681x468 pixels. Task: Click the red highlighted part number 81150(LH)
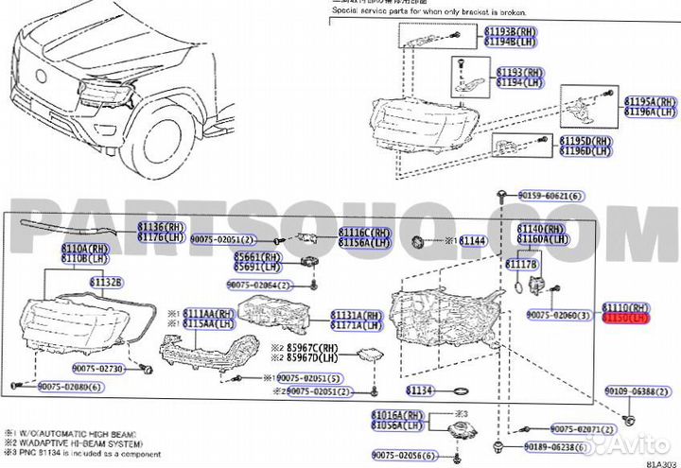628,320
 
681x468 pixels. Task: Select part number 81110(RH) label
628,309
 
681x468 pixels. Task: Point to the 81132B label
107,283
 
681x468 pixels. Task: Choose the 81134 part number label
421,390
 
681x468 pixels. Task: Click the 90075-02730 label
96,368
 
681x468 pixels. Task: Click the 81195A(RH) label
651,101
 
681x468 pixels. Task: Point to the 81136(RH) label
160,227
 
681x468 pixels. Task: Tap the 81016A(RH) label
398,415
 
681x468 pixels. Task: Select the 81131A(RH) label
357,314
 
